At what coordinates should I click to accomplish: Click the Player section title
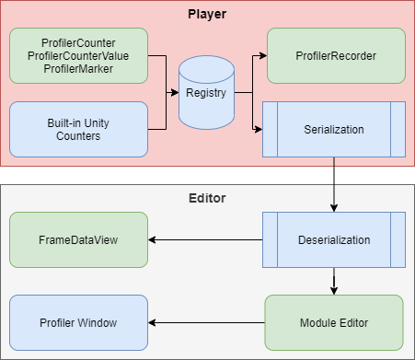click(x=207, y=15)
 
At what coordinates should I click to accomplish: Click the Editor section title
click(x=207, y=197)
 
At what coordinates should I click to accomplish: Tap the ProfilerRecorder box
click(x=336, y=55)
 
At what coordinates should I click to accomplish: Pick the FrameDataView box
click(x=78, y=240)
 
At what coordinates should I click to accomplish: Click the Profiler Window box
click(x=78, y=323)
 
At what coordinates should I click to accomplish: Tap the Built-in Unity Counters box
click(x=78, y=129)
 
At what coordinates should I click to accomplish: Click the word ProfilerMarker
click(x=78, y=68)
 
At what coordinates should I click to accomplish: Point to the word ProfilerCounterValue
click(x=78, y=55)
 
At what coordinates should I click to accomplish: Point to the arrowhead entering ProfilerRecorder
click(x=261, y=55)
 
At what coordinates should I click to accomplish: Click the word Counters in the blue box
click(x=78, y=136)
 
